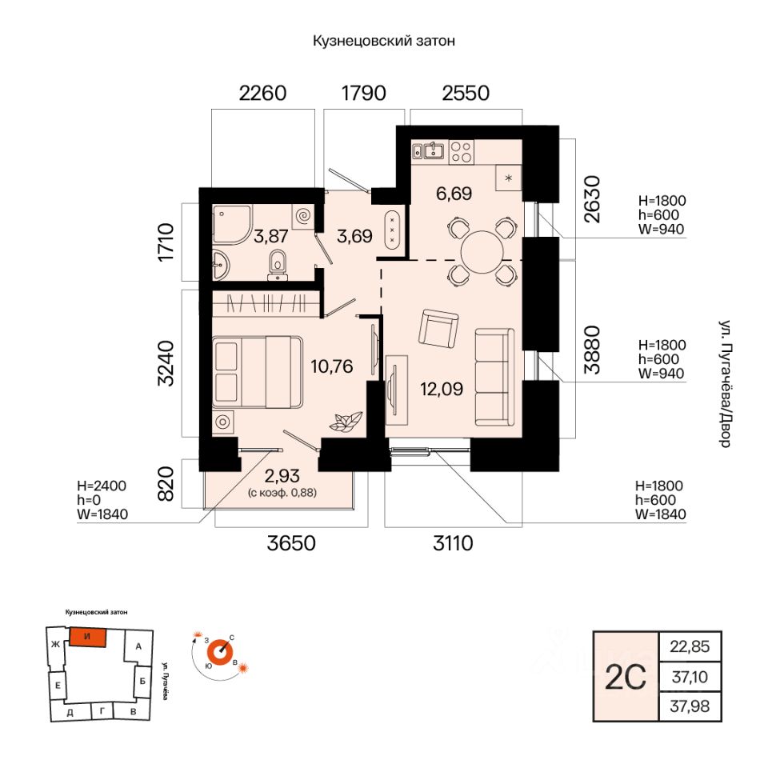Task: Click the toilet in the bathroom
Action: (x=278, y=265)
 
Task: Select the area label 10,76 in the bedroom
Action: (x=331, y=366)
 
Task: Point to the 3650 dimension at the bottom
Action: (x=291, y=542)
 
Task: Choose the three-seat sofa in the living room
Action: (x=494, y=377)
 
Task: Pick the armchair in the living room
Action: (x=438, y=329)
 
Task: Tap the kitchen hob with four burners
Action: (x=461, y=151)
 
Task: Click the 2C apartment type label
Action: (x=626, y=677)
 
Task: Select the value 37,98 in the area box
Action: (x=690, y=706)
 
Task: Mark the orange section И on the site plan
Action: (x=88, y=638)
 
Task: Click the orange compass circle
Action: (x=219, y=652)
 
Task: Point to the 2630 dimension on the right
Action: (x=592, y=199)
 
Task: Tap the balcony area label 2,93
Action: (x=282, y=475)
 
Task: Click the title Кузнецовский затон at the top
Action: (x=384, y=41)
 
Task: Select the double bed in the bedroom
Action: (x=258, y=372)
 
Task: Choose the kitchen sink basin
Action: (x=434, y=150)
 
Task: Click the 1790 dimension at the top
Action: (x=363, y=93)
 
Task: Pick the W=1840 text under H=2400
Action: (x=102, y=514)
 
